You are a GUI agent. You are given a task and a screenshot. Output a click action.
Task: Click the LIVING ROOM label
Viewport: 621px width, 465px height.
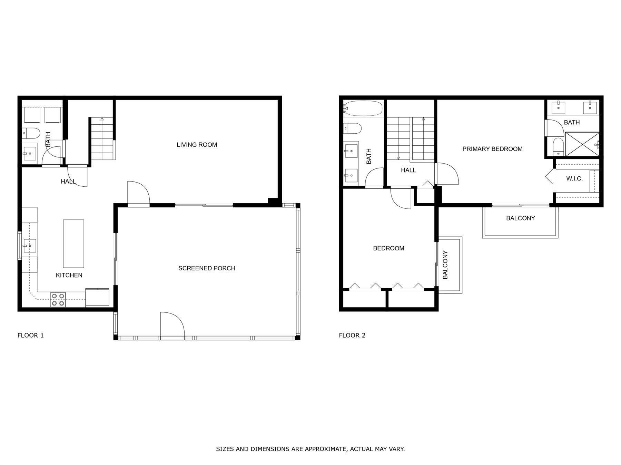coord(197,145)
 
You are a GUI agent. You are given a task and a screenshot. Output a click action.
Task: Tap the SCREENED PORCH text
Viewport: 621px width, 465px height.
coord(207,268)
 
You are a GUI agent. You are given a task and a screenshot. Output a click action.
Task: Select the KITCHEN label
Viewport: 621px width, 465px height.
coord(69,275)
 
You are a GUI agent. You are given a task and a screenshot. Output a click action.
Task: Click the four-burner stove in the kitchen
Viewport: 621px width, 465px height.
coord(58,299)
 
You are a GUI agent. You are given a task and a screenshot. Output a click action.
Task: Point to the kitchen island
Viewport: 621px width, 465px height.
coord(73,244)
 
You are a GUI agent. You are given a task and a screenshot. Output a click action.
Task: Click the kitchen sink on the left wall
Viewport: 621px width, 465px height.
coord(29,246)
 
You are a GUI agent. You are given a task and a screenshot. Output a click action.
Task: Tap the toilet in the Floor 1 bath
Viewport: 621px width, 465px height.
coord(31,133)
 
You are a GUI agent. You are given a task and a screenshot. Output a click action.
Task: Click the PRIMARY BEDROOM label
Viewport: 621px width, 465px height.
coord(492,149)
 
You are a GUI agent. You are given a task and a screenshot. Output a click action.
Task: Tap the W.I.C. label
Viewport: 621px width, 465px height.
coord(574,178)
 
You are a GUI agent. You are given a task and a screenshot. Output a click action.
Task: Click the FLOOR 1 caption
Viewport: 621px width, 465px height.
coord(31,335)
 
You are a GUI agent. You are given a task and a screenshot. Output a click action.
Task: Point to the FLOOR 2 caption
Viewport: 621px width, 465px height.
coord(352,335)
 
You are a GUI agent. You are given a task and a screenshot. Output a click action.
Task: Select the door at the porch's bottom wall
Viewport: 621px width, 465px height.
coord(172,325)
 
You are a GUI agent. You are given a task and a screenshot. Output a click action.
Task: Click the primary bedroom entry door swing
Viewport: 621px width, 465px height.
coord(448,174)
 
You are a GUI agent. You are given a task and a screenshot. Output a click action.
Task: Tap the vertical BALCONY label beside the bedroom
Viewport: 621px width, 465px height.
coord(445,265)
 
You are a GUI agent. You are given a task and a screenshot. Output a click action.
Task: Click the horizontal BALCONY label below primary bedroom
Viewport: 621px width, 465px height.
coord(520,218)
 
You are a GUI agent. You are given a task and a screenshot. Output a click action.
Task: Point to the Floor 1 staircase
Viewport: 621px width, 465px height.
coord(102,138)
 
